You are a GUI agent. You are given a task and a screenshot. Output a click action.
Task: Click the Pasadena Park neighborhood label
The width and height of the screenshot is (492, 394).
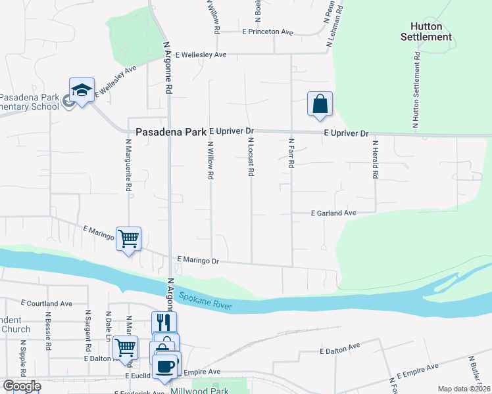tap(171, 132)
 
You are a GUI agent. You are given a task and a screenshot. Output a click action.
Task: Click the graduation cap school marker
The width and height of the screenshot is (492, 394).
tap(82, 92)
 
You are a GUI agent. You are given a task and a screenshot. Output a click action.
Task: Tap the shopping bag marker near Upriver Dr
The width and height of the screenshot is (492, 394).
tap(320, 104)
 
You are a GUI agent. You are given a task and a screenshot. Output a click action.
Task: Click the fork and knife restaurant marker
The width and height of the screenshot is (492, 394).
tap(164, 322)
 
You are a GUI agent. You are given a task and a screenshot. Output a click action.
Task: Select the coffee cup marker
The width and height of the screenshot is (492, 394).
tap(166, 365)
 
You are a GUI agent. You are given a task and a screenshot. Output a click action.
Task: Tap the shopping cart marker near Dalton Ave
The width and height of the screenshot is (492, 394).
tap(125, 347)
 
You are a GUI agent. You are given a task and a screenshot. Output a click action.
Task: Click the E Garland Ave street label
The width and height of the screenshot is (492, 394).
tap(333, 213)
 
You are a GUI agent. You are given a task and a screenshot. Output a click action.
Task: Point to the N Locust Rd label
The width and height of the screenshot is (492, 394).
tap(251, 156)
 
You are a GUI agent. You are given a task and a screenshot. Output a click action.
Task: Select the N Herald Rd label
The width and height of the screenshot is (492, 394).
tap(375, 160)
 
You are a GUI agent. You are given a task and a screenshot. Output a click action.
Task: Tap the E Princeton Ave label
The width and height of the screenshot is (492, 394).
tap(267, 32)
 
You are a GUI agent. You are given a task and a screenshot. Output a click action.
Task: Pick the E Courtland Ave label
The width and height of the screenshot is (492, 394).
tap(46, 303)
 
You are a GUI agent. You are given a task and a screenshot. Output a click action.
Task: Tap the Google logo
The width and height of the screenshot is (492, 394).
tap(21, 386)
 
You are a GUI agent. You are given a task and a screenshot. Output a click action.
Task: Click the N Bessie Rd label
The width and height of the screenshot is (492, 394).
tap(49, 334)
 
